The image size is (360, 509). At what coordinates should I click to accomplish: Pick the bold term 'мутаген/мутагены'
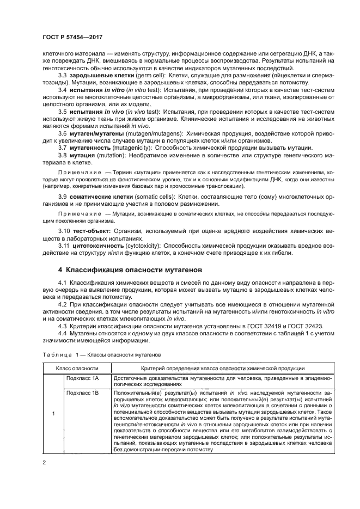point(96,133)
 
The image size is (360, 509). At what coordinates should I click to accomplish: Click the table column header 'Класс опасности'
point(77,369)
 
